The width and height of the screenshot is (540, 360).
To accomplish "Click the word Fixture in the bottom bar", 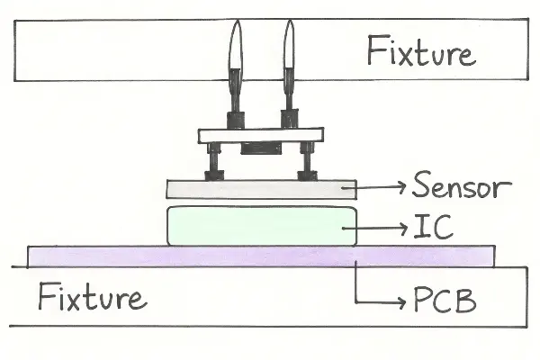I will (x=92, y=296).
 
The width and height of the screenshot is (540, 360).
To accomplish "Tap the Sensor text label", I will (x=461, y=187).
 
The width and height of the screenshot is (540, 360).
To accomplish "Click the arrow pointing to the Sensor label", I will (x=382, y=187).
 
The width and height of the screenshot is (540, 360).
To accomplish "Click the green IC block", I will (x=260, y=225).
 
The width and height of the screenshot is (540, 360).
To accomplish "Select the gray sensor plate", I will (x=260, y=189).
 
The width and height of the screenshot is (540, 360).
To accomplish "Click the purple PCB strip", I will (x=260, y=256).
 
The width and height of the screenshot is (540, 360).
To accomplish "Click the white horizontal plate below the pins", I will (x=260, y=135).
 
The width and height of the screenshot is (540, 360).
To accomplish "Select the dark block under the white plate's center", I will (x=261, y=148).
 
